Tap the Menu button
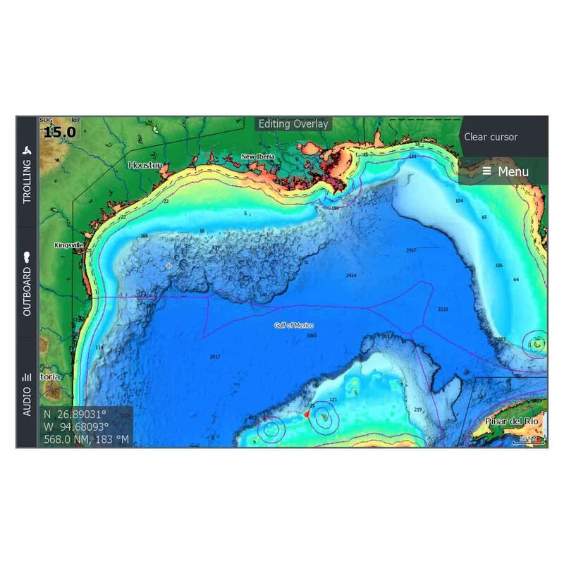click(504, 171)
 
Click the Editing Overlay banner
click(293, 124)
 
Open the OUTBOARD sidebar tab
click(27, 282)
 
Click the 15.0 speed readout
click(60, 132)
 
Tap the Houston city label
click(145, 165)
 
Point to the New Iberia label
click(257, 157)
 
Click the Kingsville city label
click(69, 245)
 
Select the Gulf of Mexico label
click(294, 326)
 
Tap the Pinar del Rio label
click(512, 421)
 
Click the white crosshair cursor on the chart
click(168, 266)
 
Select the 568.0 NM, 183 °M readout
click(87, 439)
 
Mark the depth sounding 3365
click(312, 336)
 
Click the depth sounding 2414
click(350, 275)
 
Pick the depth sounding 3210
click(443, 309)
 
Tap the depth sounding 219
click(417, 410)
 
